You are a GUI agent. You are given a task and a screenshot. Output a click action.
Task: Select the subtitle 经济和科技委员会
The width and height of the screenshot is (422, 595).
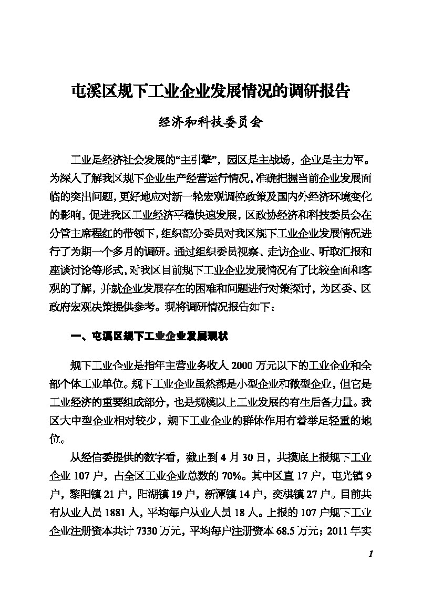point(210,124)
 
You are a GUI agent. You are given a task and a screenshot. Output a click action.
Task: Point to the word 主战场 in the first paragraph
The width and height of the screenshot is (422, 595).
point(272,160)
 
